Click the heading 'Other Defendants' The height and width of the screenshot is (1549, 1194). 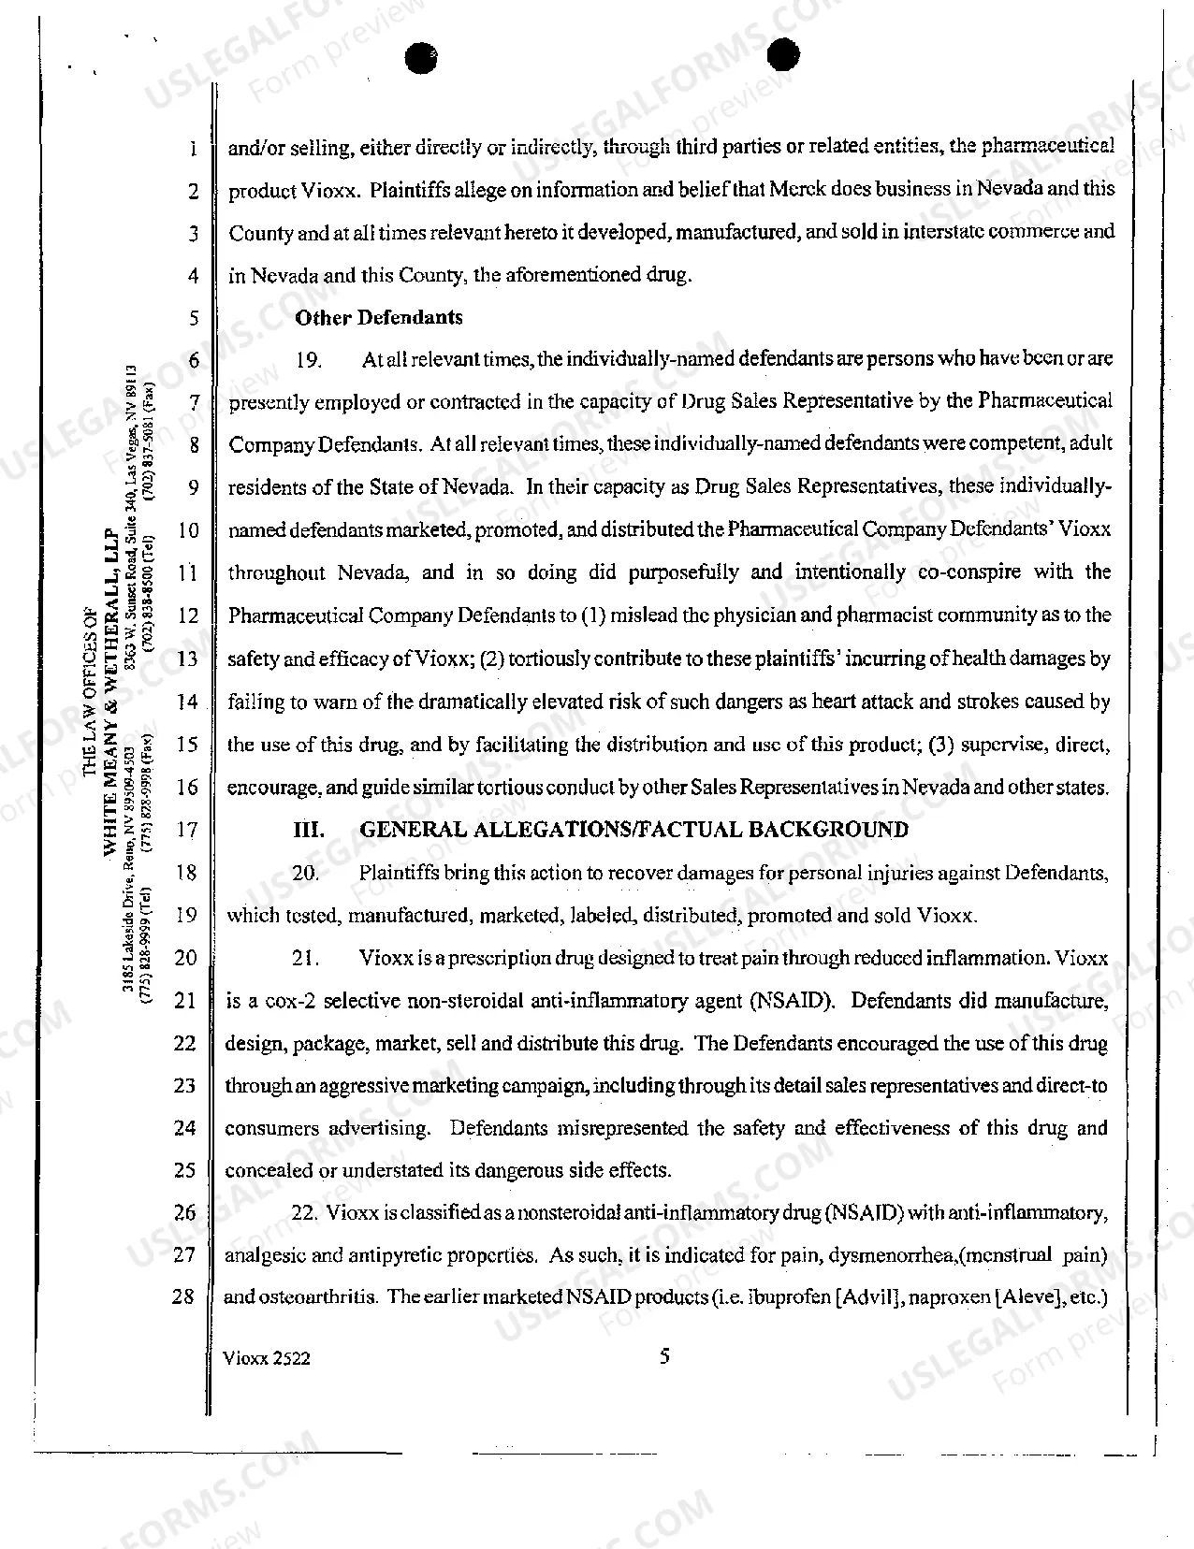[378, 317]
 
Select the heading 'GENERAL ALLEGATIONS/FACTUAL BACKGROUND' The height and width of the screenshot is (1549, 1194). [633, 830]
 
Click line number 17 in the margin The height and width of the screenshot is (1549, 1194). [187, 830]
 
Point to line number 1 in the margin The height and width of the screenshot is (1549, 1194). [191, 149]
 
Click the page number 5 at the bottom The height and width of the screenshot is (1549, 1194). [664, 1356]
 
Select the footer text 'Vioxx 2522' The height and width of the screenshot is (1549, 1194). [268, 1358]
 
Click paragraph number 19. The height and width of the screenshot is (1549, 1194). [308, 360]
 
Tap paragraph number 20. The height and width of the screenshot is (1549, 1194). [305, 874]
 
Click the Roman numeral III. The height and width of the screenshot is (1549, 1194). [309, 830]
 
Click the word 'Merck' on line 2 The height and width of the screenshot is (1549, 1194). [798, 190]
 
